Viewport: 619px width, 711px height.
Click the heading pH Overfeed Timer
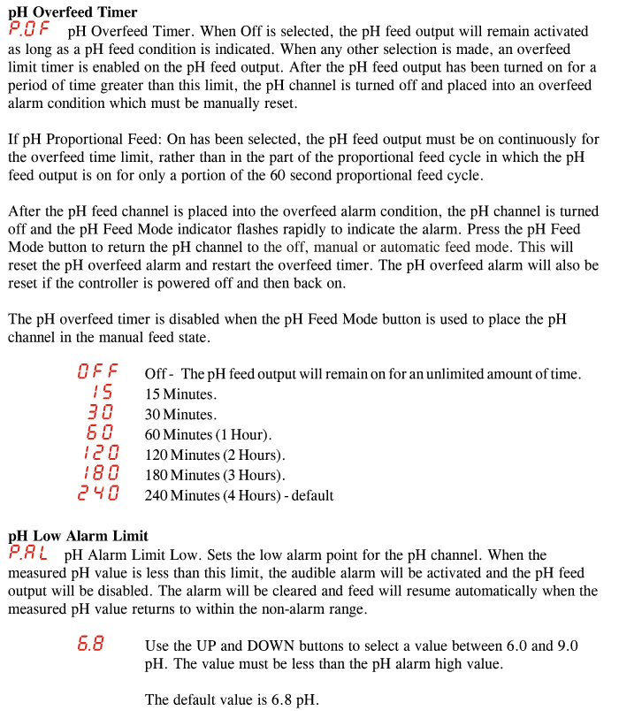[73, 11]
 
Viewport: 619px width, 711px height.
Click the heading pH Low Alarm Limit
[78, 536]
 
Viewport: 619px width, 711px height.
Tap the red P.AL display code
[28, 554]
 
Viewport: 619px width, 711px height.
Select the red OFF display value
[97, 372]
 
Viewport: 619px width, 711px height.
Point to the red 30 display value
[101, 413]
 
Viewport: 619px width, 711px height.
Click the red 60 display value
[101, 433]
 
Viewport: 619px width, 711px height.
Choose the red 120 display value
[99, 454]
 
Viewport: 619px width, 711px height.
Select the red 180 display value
[99, 474]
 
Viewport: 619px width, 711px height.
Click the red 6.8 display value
[89, 645]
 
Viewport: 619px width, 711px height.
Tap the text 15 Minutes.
[180, 394]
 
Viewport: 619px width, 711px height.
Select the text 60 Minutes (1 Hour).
[208, 435]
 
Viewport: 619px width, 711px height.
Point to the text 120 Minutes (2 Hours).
[215, 455]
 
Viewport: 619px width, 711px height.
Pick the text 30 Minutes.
[180, 415]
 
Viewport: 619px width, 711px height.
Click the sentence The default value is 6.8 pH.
[232, 700]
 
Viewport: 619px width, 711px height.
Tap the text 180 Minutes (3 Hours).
[215, 476]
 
